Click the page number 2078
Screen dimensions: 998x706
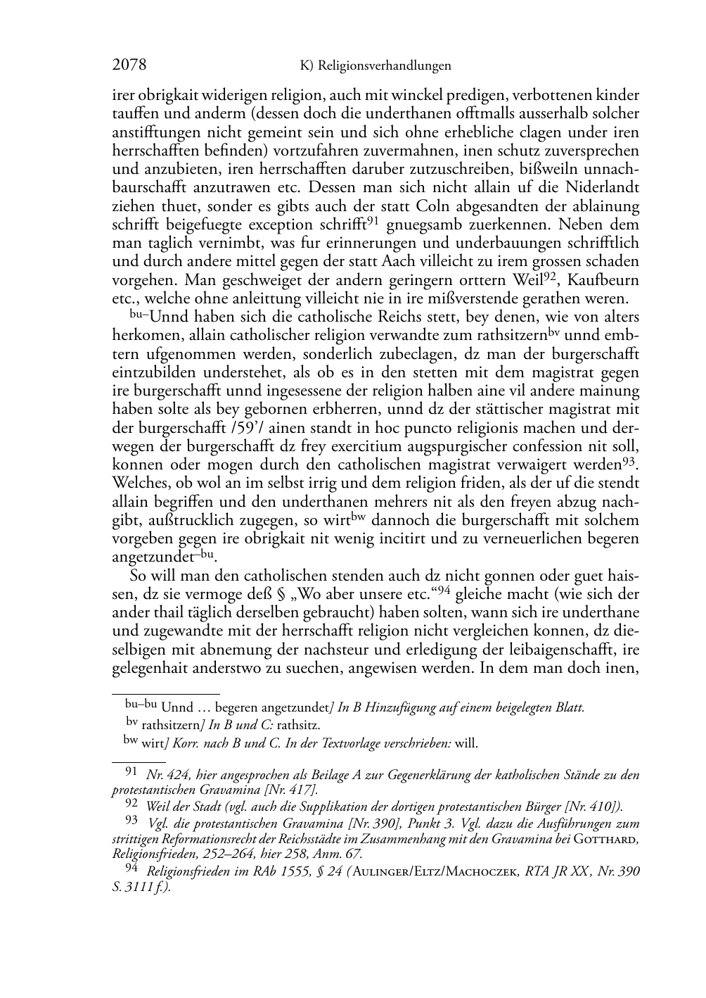129,65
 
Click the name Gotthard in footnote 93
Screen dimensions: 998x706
605,840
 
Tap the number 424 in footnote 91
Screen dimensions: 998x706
167,776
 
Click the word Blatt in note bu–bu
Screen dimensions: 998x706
569,707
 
